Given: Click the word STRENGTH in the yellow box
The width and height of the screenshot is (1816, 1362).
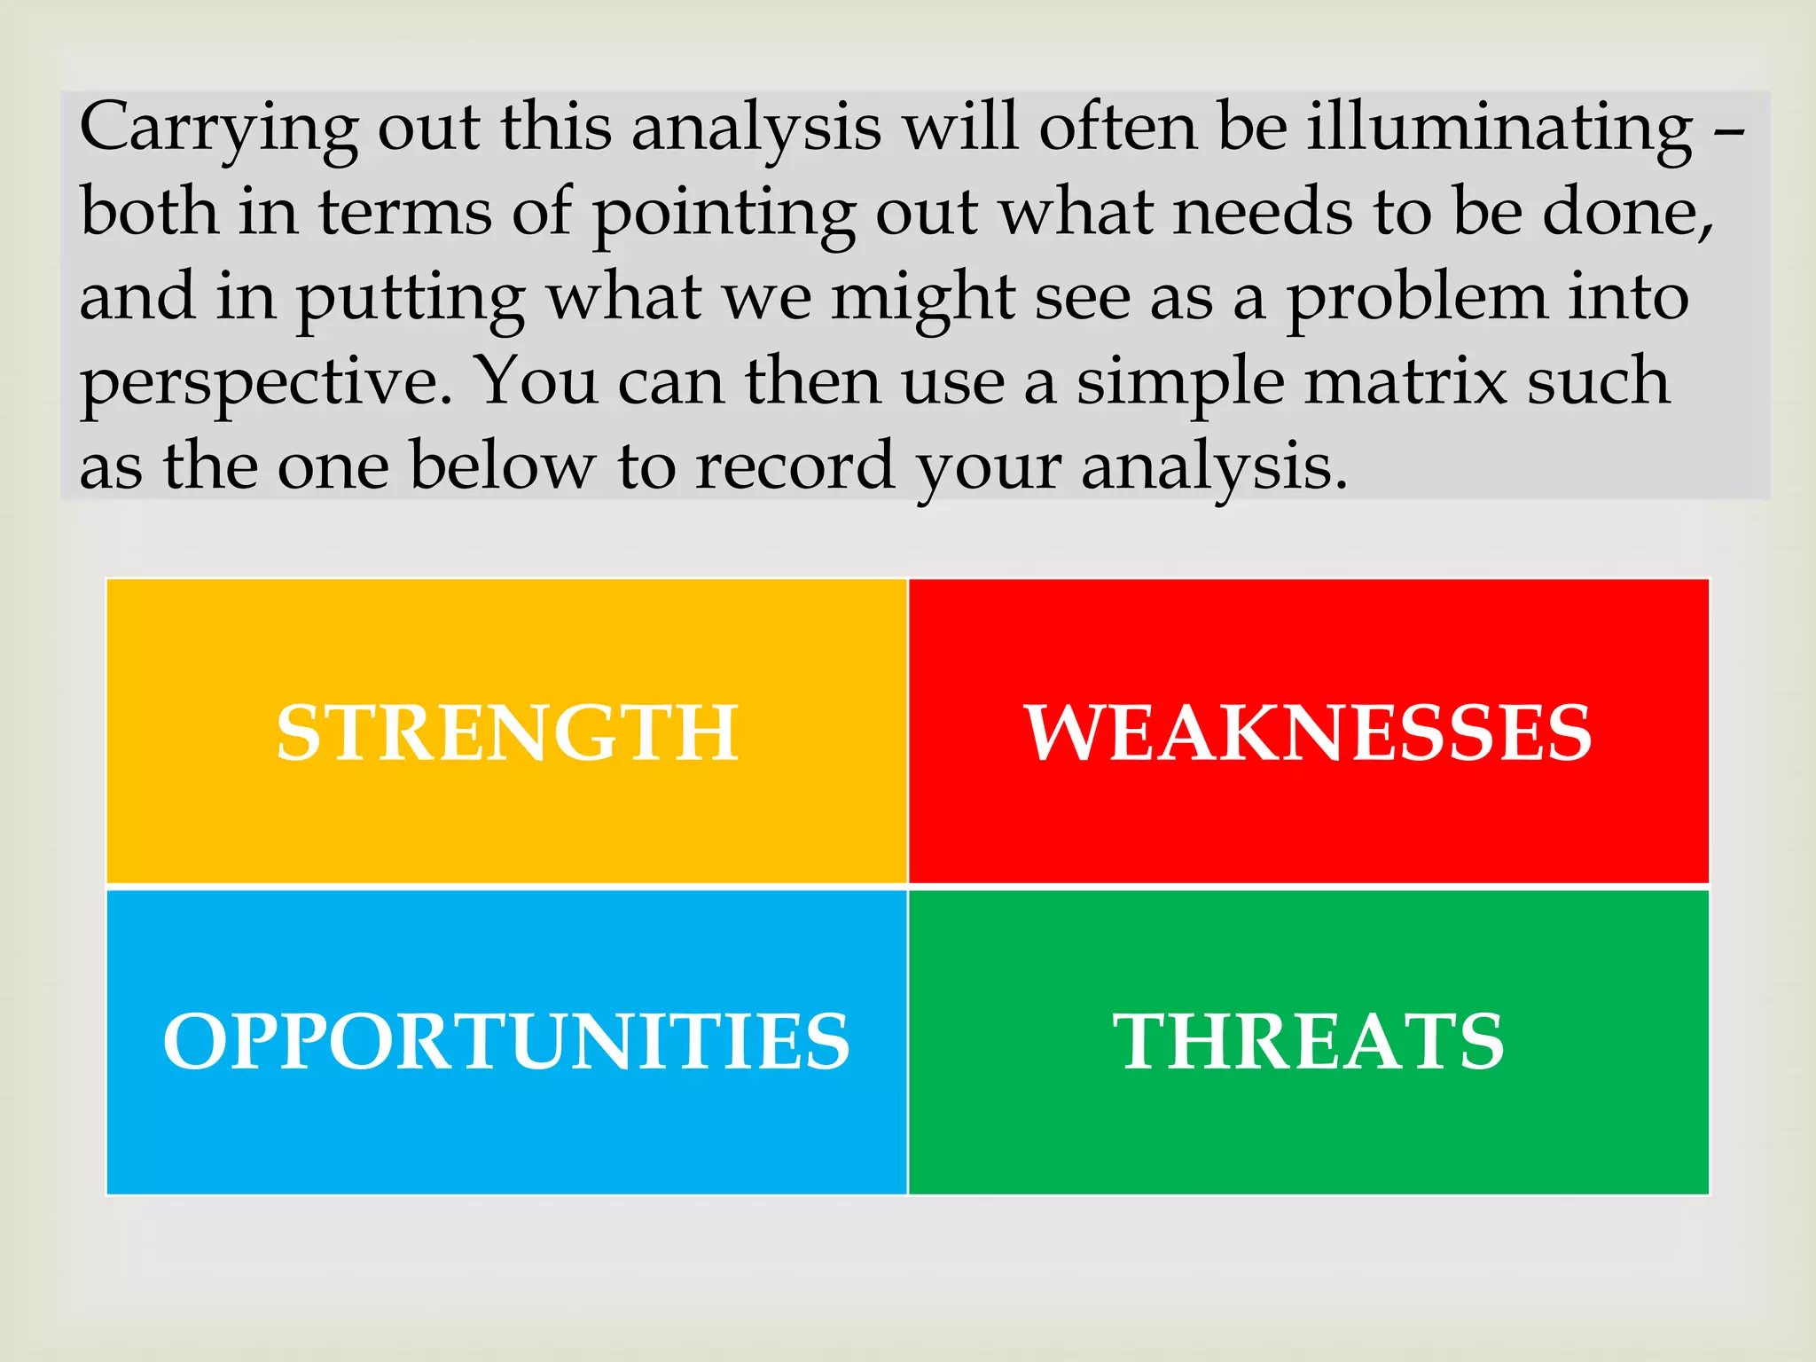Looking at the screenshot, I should click(506, 732).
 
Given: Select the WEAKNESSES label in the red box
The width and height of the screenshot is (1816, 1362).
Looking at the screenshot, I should click(1308, 732).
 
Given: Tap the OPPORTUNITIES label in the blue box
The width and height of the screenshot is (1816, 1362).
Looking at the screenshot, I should click(506, 1041).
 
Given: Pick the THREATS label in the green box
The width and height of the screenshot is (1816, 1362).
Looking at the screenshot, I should click(1308, 1041).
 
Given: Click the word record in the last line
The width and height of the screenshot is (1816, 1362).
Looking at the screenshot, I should click(794, 466).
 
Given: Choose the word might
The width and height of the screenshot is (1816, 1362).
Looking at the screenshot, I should click(922, 298).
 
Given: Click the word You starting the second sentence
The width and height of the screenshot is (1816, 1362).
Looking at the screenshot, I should click(537, 381).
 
